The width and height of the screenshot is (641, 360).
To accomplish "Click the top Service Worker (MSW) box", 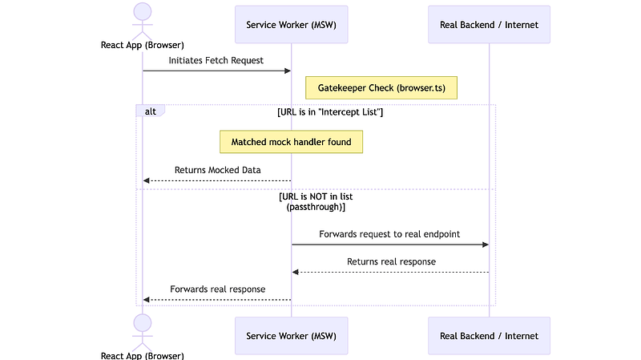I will pyautogui.click(x=291, y=25).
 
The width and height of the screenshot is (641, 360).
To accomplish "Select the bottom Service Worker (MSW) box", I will pyautogui.click(x=291, y=335).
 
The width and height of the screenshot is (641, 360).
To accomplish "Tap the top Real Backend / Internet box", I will pyautogui.click(x=489, y=25).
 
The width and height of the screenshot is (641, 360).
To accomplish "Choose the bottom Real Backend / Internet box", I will pyautogui.click(x=489, y=335).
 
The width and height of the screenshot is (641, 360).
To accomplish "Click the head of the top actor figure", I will pyautogui.click(x=143, y=11).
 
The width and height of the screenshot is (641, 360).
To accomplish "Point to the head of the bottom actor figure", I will pyautogui.click(x=143, y=322).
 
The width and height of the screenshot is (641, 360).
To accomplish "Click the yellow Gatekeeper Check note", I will pyautogui.click(x=381, y=87).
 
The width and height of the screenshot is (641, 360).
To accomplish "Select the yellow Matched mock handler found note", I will pyautogui.click(x=292, y=142).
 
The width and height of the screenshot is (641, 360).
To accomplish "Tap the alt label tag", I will pyautogui.click(x=150, y=111).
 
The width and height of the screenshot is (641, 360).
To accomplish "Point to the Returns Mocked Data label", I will pyautogui.click(x=217, y=170).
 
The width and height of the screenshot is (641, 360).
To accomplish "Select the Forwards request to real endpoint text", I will pyautogui.click(x=389, y=234).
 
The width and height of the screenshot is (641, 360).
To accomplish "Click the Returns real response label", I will pyautogui.click(x=391, y=261).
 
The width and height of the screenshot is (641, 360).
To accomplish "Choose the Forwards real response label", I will pyautogui.click(x=217, y=289).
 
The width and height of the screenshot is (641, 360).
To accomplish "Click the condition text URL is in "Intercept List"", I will pyautogui.click(x=329, y=111).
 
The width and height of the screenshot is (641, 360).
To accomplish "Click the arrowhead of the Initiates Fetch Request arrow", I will pyautogui.click(x=287, y=71).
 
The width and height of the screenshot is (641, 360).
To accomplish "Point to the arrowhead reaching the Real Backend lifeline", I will pyautogui.click(x=485, y=245).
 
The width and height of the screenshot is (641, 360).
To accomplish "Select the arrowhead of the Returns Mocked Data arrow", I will pyautogui.click(x=147, y=181).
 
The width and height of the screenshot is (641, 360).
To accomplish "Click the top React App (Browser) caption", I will pyautogui.click(x=143, y=45).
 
